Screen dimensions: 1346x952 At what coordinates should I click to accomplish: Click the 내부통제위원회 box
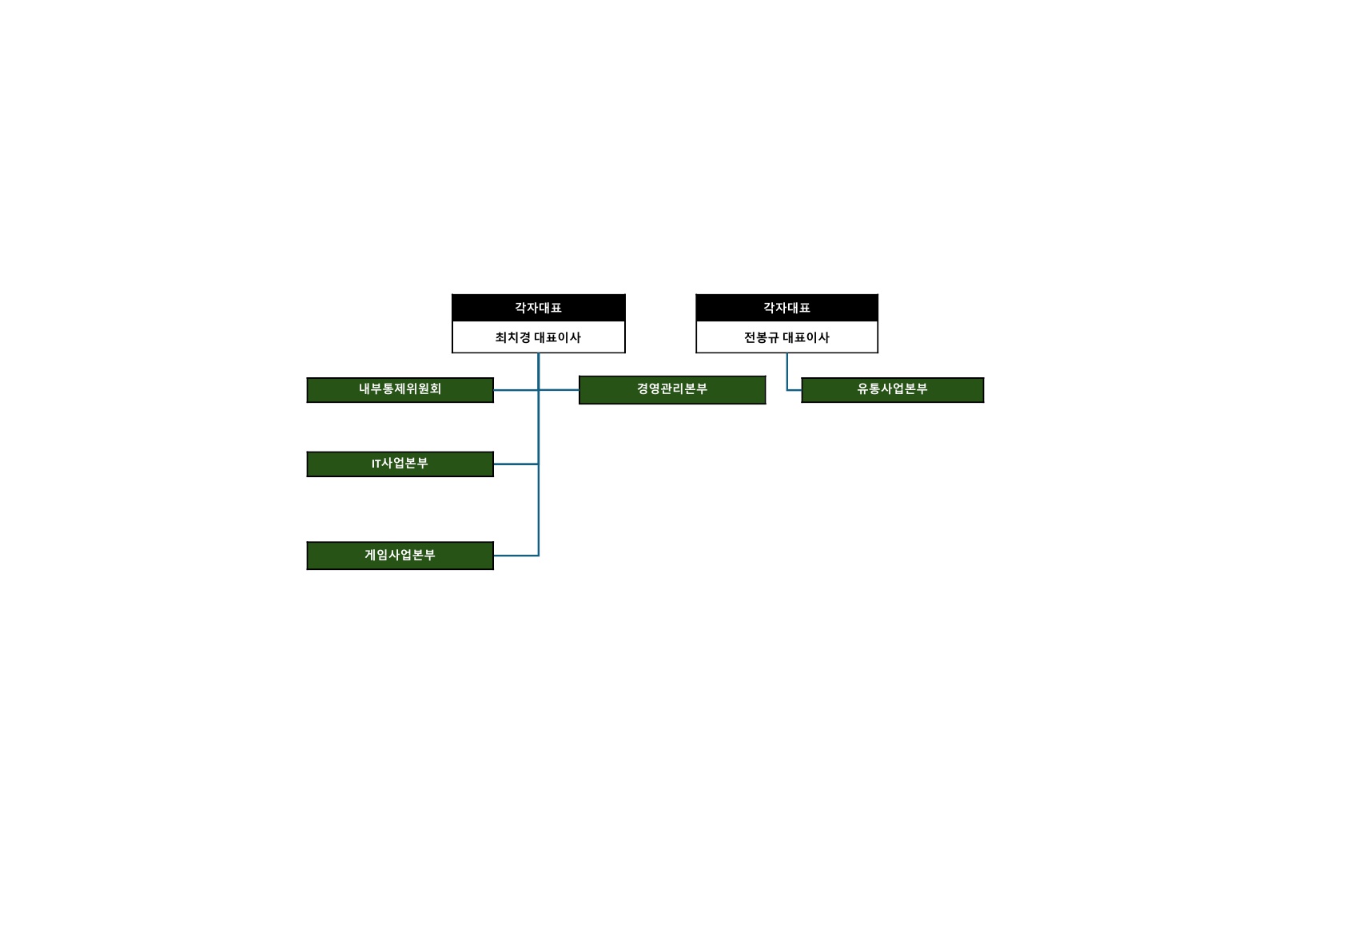point(400,390)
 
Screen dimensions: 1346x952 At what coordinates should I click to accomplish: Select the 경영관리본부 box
point(672,390)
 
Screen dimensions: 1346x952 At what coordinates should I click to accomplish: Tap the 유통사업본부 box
point(892,390)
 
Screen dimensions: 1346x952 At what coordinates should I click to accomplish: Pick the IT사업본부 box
point(400,464)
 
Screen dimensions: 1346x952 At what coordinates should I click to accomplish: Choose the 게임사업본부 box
point(400,556)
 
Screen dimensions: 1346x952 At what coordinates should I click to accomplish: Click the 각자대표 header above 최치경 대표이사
point(539,308)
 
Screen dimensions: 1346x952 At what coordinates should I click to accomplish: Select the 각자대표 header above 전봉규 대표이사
point(786,308)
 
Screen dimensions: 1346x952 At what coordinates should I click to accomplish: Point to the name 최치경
point(512,338)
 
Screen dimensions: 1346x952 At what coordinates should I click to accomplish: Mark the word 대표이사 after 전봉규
point(806,338)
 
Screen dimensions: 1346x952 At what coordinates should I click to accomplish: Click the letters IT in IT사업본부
point(376,464)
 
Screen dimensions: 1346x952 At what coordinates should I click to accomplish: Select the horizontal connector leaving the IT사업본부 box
point(516,464)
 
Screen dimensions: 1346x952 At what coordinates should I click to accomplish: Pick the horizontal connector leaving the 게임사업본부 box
point(516,556)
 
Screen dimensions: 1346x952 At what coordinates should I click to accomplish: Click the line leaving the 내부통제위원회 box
point(516,390)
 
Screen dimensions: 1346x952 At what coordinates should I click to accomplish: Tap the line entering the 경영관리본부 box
point(559,390)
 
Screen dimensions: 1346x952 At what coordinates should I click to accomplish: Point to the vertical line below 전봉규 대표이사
point(787,372)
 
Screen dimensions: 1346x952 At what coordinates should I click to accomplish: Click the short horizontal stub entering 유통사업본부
point(794,390)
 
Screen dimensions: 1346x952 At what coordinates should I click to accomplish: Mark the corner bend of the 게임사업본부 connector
point(539,556)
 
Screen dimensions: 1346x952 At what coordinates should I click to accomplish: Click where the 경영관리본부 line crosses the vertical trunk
point(539,390)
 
